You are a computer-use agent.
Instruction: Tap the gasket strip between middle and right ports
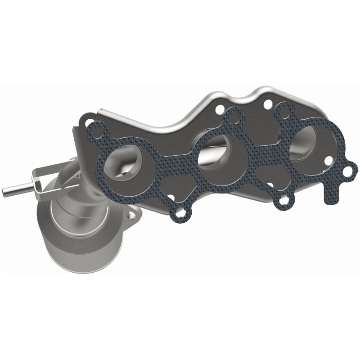click(x=259, y=155)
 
